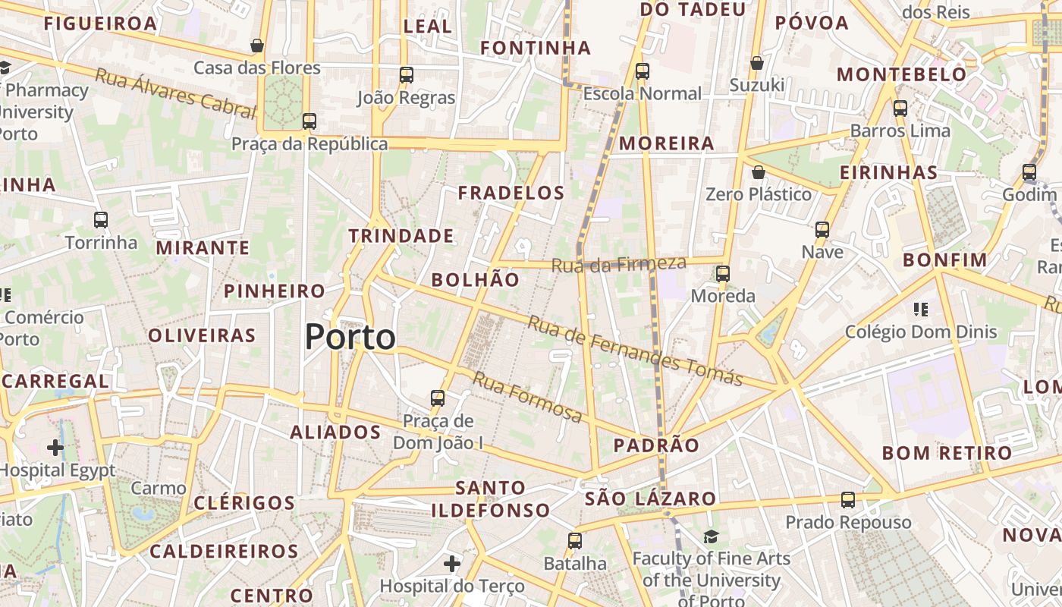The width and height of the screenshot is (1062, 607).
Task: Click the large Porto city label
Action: pyautogui.click(x=350, y=337)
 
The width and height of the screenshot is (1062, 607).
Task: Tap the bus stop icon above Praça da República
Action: pyautogui.click(x=309, y=121)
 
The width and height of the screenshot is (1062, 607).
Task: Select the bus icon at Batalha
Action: pyautogui.click(x=575, y=541)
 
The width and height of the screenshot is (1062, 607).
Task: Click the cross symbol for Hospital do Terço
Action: pyautogui.click(x=452, y=564)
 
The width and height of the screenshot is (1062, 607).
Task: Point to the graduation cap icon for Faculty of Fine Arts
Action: pyautogui.click(x=711, y=537)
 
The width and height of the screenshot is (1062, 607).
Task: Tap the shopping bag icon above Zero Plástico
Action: pyautogui.click(x=758, y=172)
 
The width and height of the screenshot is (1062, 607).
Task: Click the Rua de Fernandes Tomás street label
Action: pyautogui.click(x=634, y=351)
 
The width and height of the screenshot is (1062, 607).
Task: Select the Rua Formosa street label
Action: pyautogui.click(x=528, y=398)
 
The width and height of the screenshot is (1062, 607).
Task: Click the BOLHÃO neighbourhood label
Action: pyautogui.click(x=476, y=279)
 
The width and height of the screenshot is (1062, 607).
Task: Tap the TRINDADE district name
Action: pyautogui.click(x=401, y=236)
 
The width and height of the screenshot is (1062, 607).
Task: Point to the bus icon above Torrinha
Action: pyautogui.click(x=101, y=220)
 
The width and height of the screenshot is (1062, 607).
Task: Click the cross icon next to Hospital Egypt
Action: pyautogui.click(x=55, y=447)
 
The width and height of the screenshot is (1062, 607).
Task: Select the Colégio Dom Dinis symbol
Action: pyautogui.click(x=921, y=309)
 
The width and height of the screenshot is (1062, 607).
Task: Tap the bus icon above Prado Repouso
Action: pyautogui.click(x=848, y=500)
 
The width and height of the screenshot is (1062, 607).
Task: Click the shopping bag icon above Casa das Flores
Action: pyautogui.click(x=257, y=46)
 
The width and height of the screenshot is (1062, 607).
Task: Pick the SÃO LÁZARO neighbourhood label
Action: pyautogui.click(x=650, y=498)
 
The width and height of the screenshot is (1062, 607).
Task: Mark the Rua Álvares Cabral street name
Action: pyautogui.click(x=175, y=93)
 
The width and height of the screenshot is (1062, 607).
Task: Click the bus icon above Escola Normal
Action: pyautogui.click(x=643, y=71)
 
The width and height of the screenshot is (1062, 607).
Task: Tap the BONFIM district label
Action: pyautogui.click(x=945, y=260)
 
